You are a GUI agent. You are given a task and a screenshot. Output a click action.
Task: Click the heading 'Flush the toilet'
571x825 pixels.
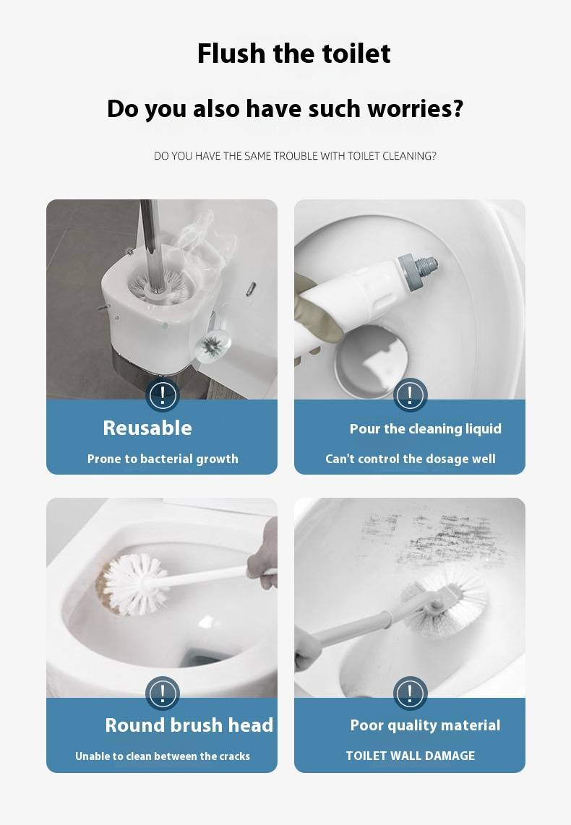tap(293, 53)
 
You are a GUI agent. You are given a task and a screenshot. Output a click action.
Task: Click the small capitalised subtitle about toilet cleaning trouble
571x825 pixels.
tap(295, 156)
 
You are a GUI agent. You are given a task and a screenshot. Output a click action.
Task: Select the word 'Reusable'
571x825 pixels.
tap(147, 428)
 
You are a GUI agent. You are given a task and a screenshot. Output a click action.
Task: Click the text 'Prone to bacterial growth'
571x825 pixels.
tap(163, 459)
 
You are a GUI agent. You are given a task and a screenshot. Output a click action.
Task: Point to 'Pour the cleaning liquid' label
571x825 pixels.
tap(425, 429)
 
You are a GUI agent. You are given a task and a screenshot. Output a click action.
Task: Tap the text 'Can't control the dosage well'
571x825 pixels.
tap(410, 459)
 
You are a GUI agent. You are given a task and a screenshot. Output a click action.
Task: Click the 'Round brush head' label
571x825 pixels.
tap(189, 725)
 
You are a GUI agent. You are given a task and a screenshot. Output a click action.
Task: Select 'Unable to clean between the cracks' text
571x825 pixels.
tap(163, 756)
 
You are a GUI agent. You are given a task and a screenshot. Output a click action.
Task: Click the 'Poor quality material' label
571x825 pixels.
tap(425, 725)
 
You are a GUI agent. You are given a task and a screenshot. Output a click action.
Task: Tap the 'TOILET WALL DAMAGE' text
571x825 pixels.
tap(410, 756)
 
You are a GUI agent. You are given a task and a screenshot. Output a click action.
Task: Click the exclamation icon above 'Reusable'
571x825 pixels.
tap(162, 394)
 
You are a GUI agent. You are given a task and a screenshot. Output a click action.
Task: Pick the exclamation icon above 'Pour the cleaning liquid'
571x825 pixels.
tap(410, 394)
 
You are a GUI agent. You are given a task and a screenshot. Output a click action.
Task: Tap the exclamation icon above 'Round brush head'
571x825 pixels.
tap(162, 694)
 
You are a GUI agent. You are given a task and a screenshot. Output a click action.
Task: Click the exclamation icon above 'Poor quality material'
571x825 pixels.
tap(410, 694)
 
